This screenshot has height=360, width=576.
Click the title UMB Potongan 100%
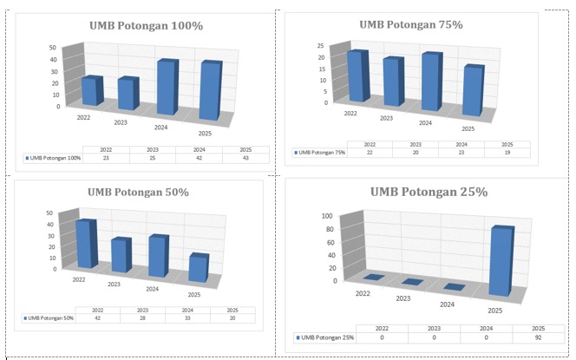coord(147,26)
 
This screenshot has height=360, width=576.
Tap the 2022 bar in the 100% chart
coord(92,91)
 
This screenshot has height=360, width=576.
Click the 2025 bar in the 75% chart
coord(473,90)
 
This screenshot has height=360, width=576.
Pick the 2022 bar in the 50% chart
coord(87,244)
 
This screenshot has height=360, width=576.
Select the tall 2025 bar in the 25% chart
coord(501,261)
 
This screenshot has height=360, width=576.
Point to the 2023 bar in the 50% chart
coord(121,255)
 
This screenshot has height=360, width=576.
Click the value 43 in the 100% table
coord(245,158)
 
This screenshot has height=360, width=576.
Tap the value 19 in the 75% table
coord(507,152)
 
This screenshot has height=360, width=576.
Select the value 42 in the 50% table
coord(97,318)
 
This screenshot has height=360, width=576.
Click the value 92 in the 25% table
coord(538,337)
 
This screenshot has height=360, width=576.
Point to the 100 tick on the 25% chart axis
coord(327,216)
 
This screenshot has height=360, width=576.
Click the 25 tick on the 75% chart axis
coord(321,46)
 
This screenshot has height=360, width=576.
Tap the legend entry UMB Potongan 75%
coord(319,152)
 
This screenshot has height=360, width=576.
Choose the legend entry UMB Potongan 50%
coord(49,318)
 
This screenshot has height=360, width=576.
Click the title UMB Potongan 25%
coord(429,192)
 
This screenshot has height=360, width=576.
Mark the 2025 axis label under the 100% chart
coord(205,134)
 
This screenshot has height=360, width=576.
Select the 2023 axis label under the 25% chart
coord(403,298)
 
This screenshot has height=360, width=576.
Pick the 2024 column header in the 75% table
coord(461,144)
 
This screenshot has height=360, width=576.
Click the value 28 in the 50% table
coord(142,318)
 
